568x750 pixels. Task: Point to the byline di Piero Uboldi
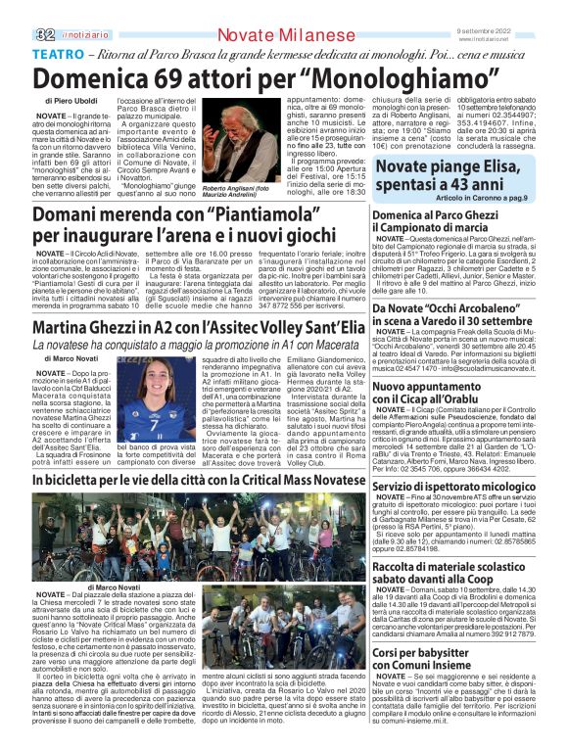(x=71, y=101)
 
